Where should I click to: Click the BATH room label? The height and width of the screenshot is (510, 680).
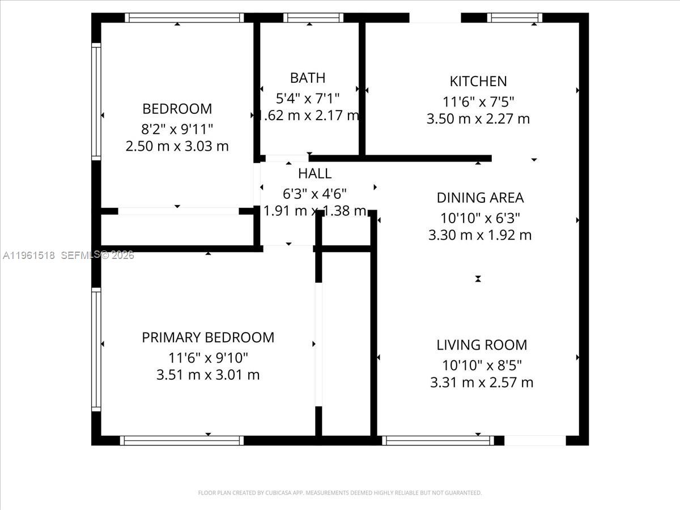click(x=308, y=78)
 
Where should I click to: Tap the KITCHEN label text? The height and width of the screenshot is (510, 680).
click(x=478, y=81)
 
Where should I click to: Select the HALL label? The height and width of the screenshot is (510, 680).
click(x=314, y=173)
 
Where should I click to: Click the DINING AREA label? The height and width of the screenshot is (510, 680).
click(x=480, y=198)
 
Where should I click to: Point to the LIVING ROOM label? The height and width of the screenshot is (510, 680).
click(x=482, y=345)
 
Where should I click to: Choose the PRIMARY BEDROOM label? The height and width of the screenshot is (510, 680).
click(x=208, y=338)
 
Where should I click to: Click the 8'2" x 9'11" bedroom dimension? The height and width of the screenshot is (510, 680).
click(x=177, y=127)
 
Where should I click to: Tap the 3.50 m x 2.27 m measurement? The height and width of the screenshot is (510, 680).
click(x=478, y=119)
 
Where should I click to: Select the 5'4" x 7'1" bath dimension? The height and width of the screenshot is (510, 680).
click(x=308, y=98)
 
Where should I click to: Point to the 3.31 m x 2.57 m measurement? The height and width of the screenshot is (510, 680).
click(x=482, y=382)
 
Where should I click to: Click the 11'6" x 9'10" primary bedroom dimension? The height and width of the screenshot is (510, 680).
click(x=208, y=358)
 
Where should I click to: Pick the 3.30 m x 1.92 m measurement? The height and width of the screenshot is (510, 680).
click(x=480, y=235)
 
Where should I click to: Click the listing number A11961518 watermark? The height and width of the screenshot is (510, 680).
click(x=29, y=256)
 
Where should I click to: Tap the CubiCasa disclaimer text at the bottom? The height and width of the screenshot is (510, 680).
click(x=340, y=493)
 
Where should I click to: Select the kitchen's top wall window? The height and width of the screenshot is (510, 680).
click(x=515, y=18)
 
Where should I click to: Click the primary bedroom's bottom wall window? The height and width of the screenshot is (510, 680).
click(x=181, y=440)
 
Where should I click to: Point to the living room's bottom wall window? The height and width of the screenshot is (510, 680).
click(x=437, y=440)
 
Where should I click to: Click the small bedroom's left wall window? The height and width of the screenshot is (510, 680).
click(x=96, y=102)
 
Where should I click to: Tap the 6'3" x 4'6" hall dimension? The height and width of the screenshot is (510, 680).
click(x=314, y=193)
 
